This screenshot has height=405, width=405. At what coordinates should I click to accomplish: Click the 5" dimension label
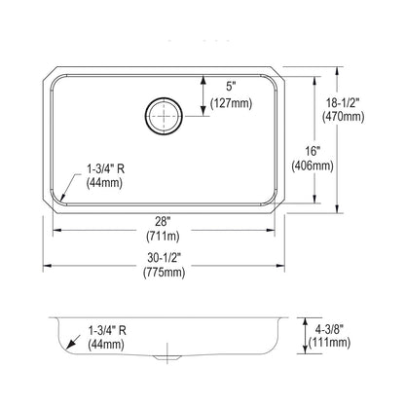tap(231, 87)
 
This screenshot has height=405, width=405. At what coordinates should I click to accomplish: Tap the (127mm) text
tap(231, 103)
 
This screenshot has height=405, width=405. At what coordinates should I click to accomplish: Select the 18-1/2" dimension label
tap(343, 103)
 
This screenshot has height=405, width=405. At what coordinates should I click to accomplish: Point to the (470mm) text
tap(343, 117)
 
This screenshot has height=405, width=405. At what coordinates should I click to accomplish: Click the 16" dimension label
tap(313, 151)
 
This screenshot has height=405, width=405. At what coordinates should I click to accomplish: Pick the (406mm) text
tap(313, 166)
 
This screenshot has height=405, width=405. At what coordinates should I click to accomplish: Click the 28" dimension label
tap(163, 222)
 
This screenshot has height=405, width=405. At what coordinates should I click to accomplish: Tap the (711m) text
tap(163, 236)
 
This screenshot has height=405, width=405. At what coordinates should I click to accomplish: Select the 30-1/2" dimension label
tap(164, 258)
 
